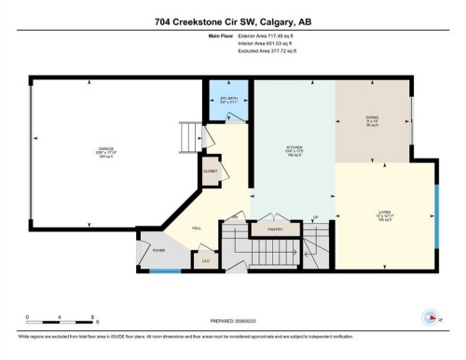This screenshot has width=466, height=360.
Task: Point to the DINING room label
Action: point(372,118)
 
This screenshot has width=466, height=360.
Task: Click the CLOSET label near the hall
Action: point(211,172)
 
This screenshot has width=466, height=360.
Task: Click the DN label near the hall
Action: point(235,217)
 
